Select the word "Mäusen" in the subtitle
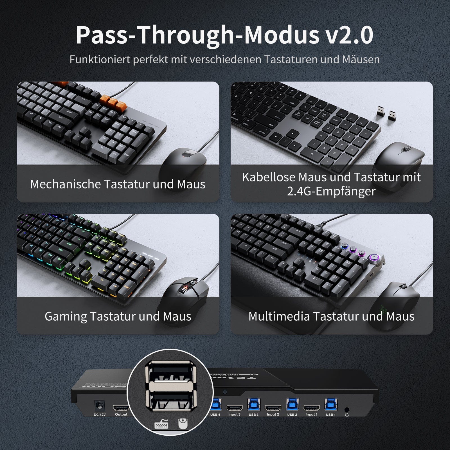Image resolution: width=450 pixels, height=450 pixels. [361, 59]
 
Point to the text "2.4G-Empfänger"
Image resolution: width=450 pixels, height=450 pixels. [331, 191]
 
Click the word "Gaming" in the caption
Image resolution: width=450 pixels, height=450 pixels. [66, 316]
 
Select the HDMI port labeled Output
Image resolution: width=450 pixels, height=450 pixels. [121, 408]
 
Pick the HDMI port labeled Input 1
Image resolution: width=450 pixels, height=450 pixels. [311, 408]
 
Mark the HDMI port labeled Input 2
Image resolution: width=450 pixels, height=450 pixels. [273, 408]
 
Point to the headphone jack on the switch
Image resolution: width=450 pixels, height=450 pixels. [346, 410]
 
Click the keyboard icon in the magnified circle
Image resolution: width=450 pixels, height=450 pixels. [161, 424]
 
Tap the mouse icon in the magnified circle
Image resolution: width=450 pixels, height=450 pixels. [182, 423]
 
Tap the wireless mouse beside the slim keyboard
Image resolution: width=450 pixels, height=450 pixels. [399, 159]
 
